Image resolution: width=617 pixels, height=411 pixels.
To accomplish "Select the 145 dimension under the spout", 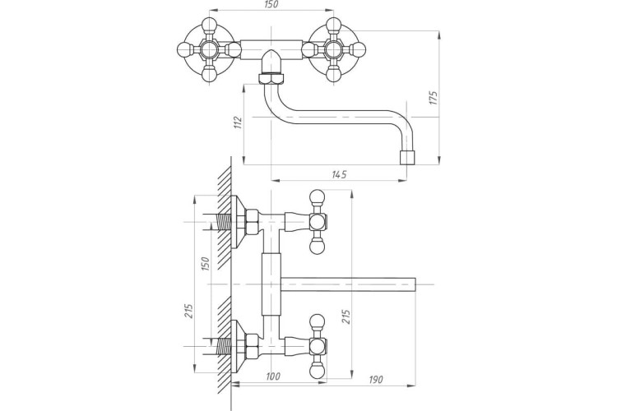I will (339, 173).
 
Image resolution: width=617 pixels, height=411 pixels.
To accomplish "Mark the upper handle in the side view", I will (316, 222).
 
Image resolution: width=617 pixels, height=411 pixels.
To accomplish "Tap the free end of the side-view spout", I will (416, 285).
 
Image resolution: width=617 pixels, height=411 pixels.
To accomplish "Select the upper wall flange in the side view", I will (238, 222).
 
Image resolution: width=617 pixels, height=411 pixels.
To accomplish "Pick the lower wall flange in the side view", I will (238, 340).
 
